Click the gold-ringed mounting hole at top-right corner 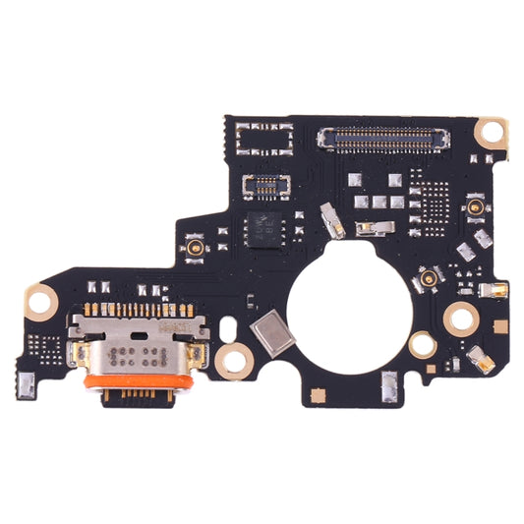click(x=489, y=131)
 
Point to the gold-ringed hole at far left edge click(x=41, y=301)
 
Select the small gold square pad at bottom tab click(x=317, y=393)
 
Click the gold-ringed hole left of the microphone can click(x=232, y=359)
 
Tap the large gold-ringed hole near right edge click(x=460, y=318)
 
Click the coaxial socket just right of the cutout click(x=429, y=280)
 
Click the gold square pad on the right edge click(x=498, y=290)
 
